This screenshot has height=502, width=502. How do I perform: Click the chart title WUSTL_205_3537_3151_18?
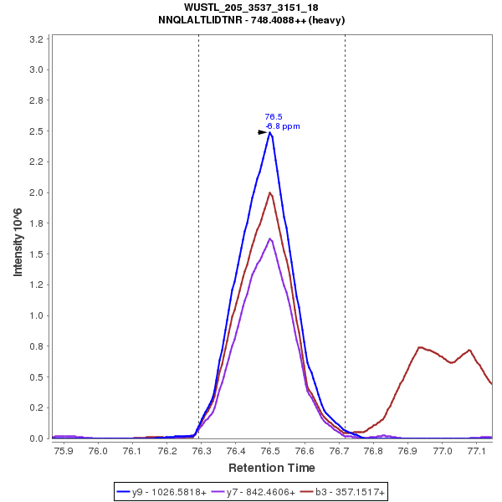(x=251, y=8)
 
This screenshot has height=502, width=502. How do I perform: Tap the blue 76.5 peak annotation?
(x=274, y=117)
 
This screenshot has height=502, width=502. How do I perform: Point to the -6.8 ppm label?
(x=283, y=126)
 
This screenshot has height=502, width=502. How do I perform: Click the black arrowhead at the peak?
(x=262, y=132)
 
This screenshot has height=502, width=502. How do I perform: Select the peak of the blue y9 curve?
(x=270, y=132)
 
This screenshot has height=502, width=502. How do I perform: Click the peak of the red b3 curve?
(x=269, y=193)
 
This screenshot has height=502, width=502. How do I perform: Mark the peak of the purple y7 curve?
(x=269, y=238)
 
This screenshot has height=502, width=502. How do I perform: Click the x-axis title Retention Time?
(x=271, y=468)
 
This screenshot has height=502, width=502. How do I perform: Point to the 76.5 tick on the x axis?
(x=270, y=451)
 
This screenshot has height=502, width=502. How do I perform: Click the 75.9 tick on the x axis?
(x=64, y=451)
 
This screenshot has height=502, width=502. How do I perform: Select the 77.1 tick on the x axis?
(x=477, y=451)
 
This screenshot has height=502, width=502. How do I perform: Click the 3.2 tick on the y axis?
(x=37, y=39)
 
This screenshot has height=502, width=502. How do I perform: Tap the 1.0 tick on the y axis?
(x=37, y=315)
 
